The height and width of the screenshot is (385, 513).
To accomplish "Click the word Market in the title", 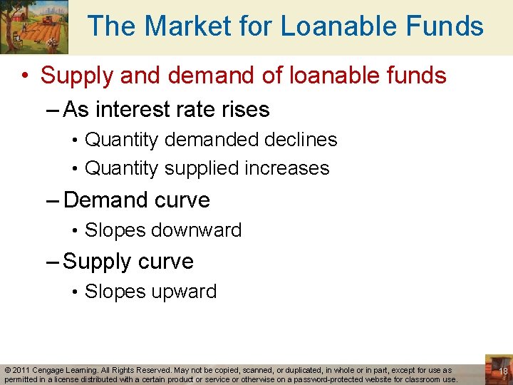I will tap(177, 27).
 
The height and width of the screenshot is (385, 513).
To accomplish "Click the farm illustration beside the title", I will tap(34, 27).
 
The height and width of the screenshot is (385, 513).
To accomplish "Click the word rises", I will tap(244, 110).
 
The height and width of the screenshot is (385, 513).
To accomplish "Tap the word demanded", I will tap(207, 140).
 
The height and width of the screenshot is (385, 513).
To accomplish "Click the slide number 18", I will tap(503, 371).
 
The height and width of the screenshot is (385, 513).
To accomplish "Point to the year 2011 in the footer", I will tap(20, 371).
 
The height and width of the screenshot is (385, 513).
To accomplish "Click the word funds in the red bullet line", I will tap(414, 75).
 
